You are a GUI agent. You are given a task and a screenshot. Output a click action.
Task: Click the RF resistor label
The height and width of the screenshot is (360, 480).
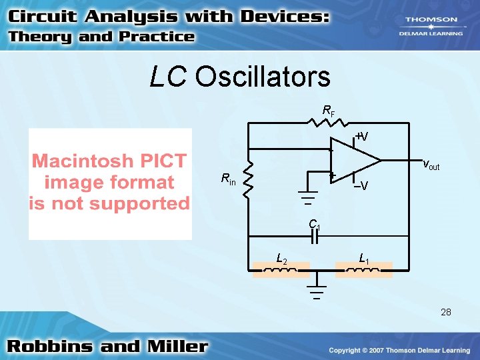point(328,110)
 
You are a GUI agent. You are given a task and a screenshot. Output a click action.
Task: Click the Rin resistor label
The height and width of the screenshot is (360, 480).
point(228,179)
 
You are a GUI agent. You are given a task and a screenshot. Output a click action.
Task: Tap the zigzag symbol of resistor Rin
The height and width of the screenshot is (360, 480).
point(249,179)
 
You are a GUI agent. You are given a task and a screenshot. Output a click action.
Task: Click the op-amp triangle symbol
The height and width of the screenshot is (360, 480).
point(353,160)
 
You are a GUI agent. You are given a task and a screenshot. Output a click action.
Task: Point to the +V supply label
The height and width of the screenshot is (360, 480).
point(361,136)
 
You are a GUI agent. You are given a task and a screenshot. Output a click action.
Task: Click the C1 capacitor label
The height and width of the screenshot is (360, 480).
point(314,225)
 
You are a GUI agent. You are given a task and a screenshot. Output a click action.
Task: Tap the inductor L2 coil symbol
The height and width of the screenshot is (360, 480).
point(281,270)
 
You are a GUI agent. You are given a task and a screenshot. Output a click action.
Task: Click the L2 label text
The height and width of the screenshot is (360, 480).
point(281,258)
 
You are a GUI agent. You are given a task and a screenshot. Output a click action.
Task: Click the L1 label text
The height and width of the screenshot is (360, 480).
point(364,258)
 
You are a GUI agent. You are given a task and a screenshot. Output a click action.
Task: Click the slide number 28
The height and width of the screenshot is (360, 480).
point(446,312)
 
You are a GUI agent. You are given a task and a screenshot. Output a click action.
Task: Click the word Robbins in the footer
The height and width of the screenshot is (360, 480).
point(49,347)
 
